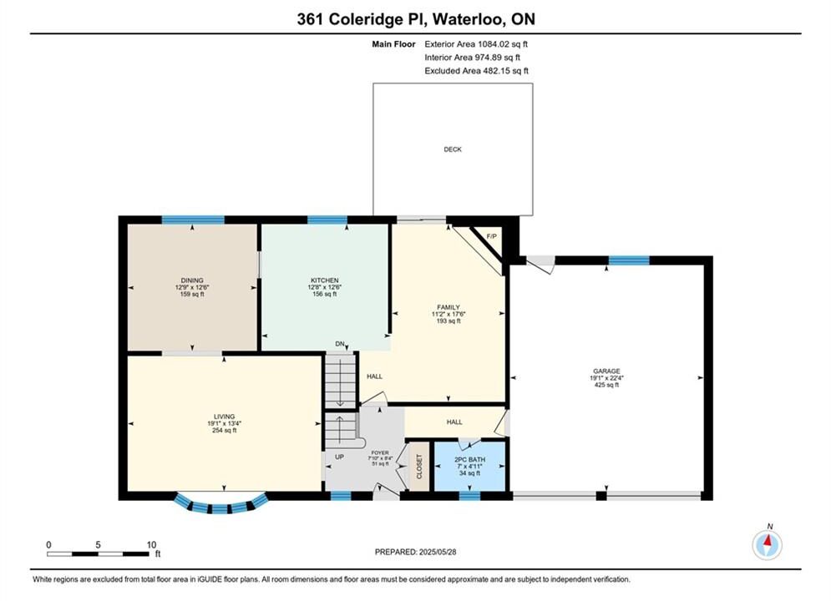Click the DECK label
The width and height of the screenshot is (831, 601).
coord(453,149)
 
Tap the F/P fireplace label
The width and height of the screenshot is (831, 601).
coord(491,236)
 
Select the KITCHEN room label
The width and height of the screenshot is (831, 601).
coord(324,280)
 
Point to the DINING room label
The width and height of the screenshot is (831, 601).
coord(192,280)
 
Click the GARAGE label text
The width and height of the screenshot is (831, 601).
coord(606,371)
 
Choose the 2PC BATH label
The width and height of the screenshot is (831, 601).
coord(469,460)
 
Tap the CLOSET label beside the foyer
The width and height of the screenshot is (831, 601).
coord(419,467)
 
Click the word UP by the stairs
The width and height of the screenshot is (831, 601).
coord(340,457)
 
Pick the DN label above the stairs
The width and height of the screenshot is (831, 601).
coord(340,344)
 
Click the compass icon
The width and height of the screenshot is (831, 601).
coord(767,543)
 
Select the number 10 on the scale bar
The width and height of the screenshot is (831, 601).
coord(151,544)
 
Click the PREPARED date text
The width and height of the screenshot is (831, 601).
coord(416,552)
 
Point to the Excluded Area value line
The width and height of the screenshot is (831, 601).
coord(476,70)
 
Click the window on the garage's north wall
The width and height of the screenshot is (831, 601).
coord(629,260)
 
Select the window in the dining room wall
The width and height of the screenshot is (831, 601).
coord(193,220)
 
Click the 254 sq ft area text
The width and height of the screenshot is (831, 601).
coord(224,431)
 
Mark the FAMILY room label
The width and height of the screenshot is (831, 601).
coord(448,307)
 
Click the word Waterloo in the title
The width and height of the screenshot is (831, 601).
coord(467,19)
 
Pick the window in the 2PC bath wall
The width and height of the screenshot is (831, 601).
coord(469,496)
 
